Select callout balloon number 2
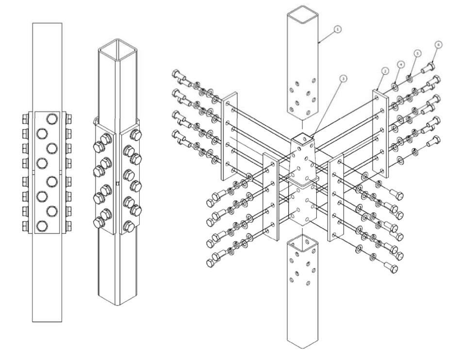(x=384, y=71)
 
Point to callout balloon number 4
(x=400, y=64)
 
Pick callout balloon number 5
(x=417, y=52)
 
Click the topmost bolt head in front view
(x=51, y=118)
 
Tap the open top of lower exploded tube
(x=301, y=239)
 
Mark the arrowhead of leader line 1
(x=319, y=43)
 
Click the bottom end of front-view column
(x=47, y=321)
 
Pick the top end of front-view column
(x=47, y=22)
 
